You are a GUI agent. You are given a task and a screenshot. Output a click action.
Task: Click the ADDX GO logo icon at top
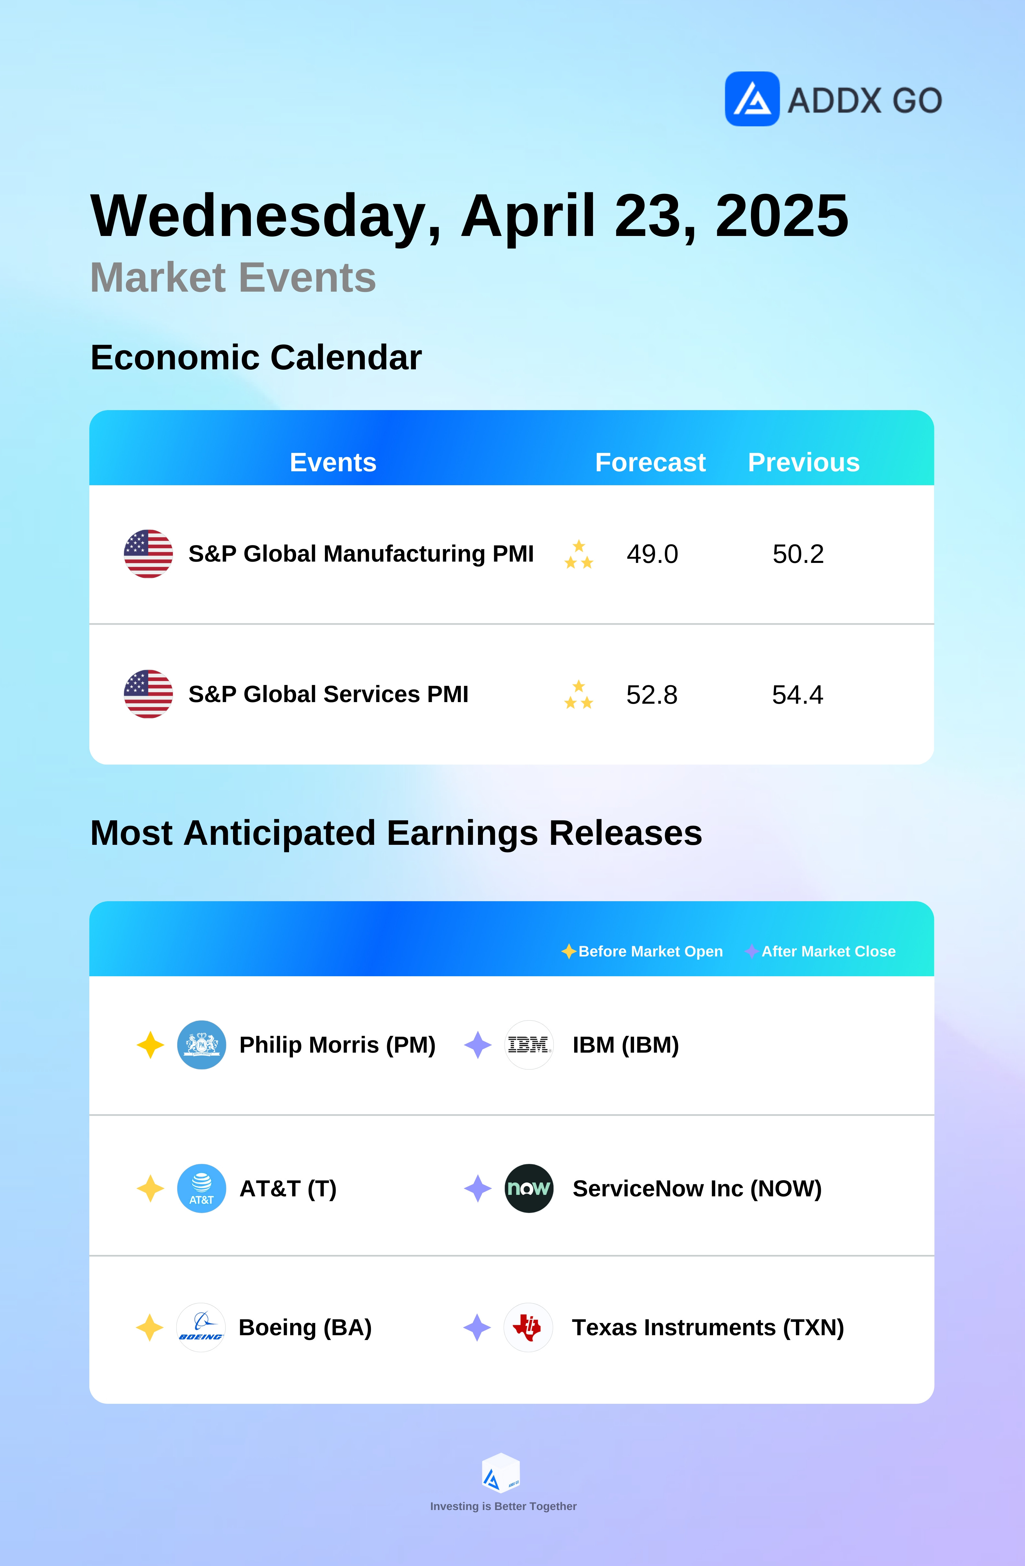coord(752,99)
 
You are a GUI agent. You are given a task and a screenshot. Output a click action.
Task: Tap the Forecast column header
coord(650,463)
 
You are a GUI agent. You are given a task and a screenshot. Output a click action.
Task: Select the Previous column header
coord(803,463)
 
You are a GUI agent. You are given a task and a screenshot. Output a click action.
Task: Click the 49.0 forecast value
coord(652,554)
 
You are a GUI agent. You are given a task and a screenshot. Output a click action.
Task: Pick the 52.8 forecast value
coord(651,695)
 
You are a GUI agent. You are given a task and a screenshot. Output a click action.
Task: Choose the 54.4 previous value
coord(797,695)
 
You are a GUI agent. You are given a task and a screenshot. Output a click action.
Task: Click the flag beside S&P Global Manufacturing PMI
coord(148,554)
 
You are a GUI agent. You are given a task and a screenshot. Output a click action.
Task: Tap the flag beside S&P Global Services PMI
coord(148,694)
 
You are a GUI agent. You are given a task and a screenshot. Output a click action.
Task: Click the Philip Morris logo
coord(201,1045)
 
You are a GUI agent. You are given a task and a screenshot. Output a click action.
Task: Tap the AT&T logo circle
coord(201,1188)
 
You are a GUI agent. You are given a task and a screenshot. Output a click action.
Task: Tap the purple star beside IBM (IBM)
coord(478,1045)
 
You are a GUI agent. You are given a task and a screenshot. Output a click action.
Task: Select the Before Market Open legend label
coord(650,951)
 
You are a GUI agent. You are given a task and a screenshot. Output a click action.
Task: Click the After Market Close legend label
coord(828,951)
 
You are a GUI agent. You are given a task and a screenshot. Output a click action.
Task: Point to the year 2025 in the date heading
coord(782,216)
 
